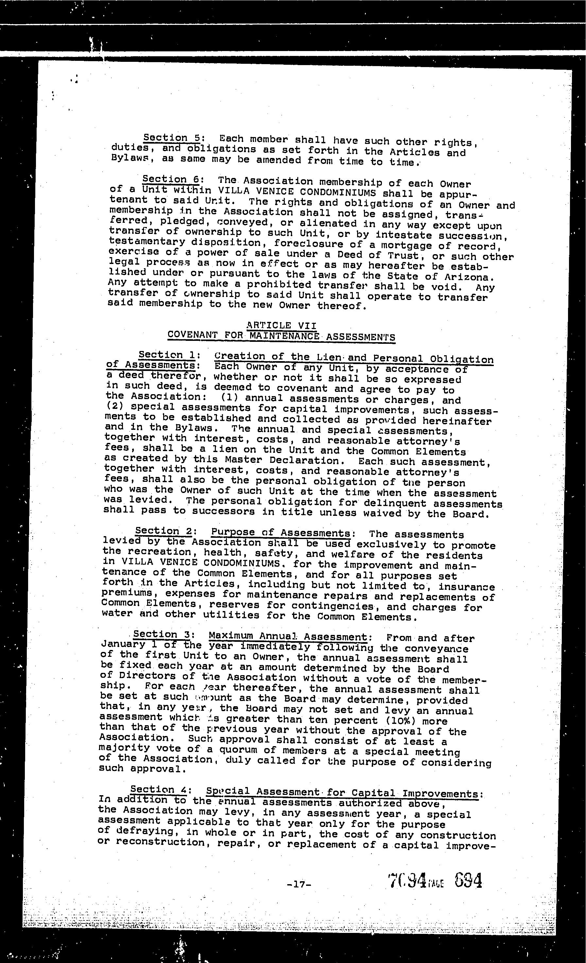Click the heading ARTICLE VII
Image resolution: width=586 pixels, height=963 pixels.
pyautogui.click(x=281, y=325)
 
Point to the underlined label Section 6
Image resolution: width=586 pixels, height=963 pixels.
pyautogui.click(x=171, y=179)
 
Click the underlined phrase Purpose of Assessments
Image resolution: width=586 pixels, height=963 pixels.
pyautogui.click(x=281, y=533)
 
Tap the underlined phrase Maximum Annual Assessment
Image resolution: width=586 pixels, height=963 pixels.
pyautogui.click(x=287, y=636)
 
